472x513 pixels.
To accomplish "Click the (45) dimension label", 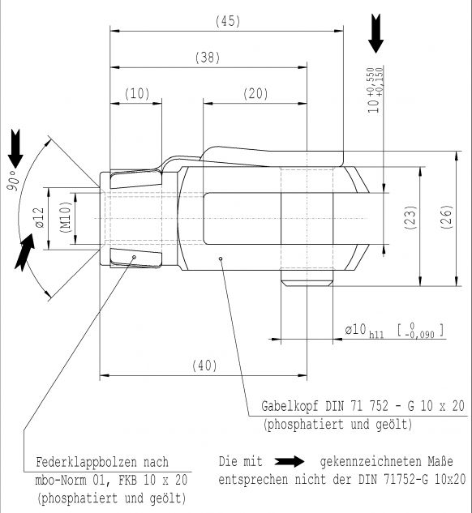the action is click(228, 21).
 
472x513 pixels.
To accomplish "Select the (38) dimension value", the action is click(208, 58).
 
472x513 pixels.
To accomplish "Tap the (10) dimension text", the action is click(137, 94).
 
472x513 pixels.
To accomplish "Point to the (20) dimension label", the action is click(255, 94).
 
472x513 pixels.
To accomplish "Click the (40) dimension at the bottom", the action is click(204, 366).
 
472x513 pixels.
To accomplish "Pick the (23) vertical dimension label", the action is click(411, 217).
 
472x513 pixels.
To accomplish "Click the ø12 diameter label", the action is click(39, 217).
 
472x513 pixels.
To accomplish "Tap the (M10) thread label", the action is click(66, 217).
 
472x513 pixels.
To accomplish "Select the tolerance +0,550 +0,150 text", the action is click(375, 82).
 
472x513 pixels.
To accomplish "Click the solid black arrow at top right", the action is click(375, 33).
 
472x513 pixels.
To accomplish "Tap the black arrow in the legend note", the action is click(290, 462).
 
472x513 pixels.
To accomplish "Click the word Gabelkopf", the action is click(290, 406).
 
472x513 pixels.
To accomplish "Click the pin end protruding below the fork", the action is click(307, 279).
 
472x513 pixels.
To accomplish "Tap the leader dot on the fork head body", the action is click(221, 259).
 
